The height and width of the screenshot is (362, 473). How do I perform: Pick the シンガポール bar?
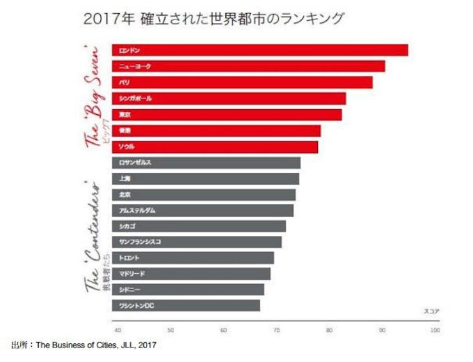pyautogui.click(x=229, y=98)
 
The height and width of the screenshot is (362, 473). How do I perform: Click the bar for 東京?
pyautogui.click(x=227, y=114)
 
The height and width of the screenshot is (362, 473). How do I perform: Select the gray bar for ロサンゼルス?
pyautogui.click(x=206, y=163)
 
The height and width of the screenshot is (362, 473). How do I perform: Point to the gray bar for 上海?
pyautogui.click(x=205, y=179)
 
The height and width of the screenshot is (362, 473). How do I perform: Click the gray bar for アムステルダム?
pyautogui.click(x=202, y=210)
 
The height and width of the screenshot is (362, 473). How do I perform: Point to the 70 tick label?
pyautogui.click(x=276, y=330)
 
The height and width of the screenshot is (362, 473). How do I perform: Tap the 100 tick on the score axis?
pyautogui.click(x=435, y=330)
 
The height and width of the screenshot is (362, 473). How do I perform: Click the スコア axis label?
pyautogui.click(x=431, y=310)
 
